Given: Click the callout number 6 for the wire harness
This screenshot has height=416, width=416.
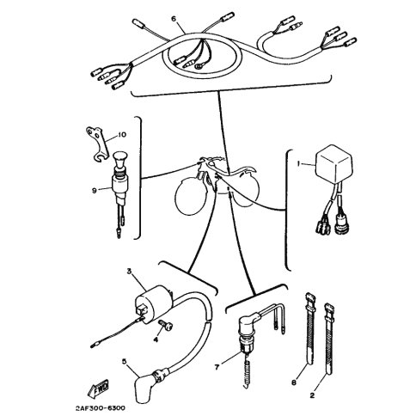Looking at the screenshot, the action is click(174, 19).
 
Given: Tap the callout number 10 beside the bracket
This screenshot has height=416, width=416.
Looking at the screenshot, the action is click(122, 135).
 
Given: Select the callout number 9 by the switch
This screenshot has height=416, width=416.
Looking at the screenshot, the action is click(94, 190).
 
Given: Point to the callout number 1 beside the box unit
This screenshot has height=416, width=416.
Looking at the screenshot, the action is click(298, 163).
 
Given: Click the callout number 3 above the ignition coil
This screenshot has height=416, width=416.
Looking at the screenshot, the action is click(129, 271).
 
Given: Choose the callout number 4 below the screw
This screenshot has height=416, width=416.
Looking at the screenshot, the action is click(156, 340).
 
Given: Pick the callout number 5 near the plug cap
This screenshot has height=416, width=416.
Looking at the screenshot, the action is click(124, 361).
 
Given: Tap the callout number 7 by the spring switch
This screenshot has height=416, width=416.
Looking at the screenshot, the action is click(217, 367).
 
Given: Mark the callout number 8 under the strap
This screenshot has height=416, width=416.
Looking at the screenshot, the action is click(294, 382).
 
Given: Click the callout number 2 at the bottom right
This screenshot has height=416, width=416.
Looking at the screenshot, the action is click(312, 395).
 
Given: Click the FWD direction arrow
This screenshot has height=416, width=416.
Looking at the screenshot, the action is click(98, 389).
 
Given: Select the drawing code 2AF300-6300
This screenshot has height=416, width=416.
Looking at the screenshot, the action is click(101, 408).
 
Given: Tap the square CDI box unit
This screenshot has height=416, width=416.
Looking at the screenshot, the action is click(333, 162).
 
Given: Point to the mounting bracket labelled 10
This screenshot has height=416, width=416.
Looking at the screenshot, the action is click(98, 143).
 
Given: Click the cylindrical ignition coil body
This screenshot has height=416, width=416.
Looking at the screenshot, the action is click(153, 303).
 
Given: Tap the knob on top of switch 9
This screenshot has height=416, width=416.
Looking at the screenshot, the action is click(119, 158).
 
